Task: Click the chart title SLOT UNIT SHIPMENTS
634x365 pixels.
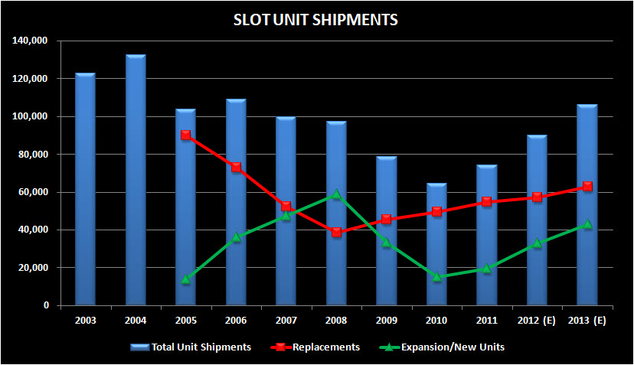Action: pos(315,20)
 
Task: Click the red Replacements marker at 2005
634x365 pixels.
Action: pos(186,135)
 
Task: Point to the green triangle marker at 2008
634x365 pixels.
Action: pos(336,194)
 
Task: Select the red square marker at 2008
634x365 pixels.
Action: pos(336,232)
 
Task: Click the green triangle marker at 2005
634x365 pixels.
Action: pos(186,279)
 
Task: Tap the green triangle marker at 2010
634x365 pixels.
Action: pos(436,276)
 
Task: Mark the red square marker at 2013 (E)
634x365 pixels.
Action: pos(587,186)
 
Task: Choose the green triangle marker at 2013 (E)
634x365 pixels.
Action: pos(587,224)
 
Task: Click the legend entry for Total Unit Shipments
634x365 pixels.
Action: pos(191,347)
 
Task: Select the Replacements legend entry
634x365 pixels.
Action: pos(315,347)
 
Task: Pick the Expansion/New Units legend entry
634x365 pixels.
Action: pos(442,347)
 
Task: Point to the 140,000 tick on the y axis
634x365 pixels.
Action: pos(31,41)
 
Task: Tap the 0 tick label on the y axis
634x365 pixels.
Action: pos(46,305)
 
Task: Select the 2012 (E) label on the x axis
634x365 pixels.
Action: pos(537,321)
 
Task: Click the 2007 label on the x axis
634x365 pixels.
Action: pos(286,321)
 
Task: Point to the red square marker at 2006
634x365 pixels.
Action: pos(236,167)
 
